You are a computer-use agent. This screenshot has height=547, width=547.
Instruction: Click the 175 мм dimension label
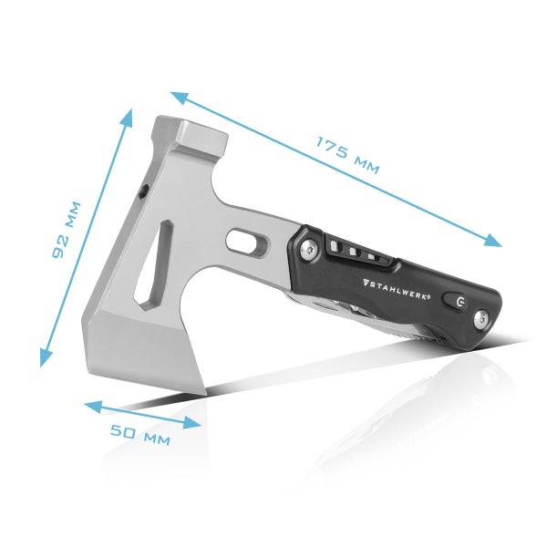click(347, 155)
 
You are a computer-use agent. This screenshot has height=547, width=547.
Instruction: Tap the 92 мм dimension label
click(67, 230)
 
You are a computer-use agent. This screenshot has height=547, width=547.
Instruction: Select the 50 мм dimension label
click(140, 432)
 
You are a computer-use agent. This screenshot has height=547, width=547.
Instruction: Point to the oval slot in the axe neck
click(245, 242)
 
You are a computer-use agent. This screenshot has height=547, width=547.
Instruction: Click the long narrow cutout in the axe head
click(154, 264)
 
